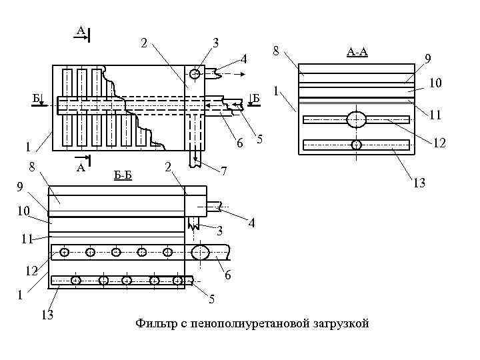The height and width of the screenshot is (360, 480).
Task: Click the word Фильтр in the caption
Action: pyautogui.click(x=155, y=324)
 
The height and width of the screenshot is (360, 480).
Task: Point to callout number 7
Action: pyautogui.click(x=224, y=171)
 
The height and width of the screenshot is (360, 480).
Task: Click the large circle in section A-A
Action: pyautogui.click(x=356, y=120)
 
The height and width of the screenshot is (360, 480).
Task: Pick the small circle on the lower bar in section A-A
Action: pyautogui.click(x=357, y=145)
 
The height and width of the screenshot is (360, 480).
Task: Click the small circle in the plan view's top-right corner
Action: pyautogui.click(x=195, y=73)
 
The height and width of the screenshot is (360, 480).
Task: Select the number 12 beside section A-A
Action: pyautogui.click(x=440, y=143)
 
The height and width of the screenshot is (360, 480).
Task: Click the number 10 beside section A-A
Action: pyautogui.click(x=435, y=83)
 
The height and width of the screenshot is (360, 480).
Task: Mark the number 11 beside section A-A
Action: pyautogui.click(x=435, y=115)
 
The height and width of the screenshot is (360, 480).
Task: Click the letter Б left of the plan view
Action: pyautogui.click(x=36, y=99)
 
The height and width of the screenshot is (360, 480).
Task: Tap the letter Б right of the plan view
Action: pyautogui.click(x=255, y=99)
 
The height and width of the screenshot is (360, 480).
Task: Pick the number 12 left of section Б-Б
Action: pyautogui.click(x=30, y=271)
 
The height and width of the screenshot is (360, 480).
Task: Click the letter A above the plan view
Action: pyautogui.click(x=80, y=30)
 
